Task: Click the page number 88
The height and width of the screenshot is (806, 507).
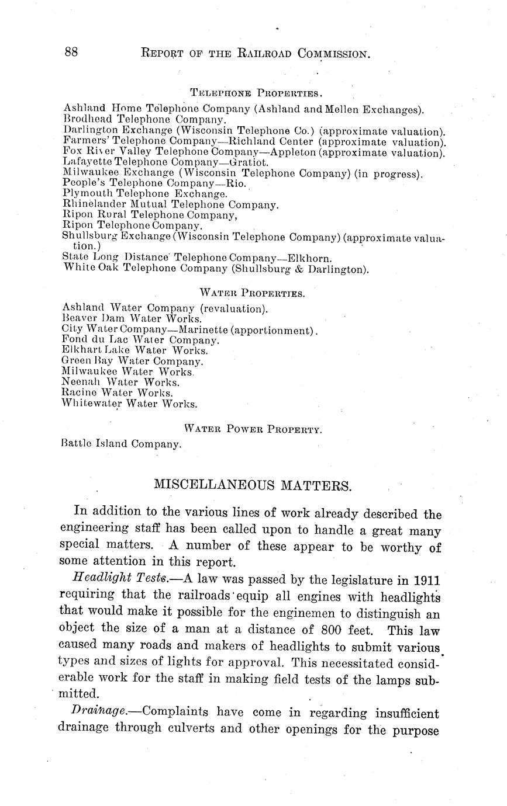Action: point(71,53)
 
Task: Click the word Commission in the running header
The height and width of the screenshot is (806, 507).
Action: point(333,54)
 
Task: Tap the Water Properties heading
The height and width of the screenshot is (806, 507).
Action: point(252,293)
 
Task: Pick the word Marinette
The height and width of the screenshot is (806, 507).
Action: point(197,330)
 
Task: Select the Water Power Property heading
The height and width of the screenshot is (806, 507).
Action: point(253,429)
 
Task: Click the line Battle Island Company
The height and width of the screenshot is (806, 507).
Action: point(121,444)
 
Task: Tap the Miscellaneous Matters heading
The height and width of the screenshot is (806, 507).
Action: point(253,485)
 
